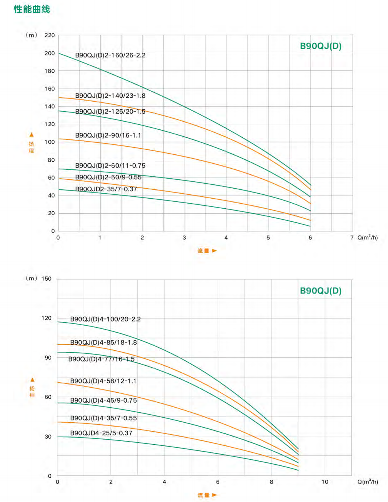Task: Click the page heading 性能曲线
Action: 32,9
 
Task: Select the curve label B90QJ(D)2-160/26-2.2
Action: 110,55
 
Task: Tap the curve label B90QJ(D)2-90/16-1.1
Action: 108,136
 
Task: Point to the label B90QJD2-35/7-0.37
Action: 106,189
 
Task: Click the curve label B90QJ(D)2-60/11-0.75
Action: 110,166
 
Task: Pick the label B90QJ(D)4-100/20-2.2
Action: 105,319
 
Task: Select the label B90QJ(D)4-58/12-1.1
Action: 103,381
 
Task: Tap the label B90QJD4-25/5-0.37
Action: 101,433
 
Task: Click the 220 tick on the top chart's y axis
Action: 50,35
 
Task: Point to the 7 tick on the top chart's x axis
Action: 352,238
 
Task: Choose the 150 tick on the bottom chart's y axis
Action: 47,279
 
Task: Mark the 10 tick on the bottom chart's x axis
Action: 325,482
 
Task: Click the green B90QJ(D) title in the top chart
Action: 320,46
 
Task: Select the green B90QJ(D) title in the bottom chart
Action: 320,291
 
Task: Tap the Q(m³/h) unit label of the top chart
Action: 368,238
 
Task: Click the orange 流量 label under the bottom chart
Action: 203,495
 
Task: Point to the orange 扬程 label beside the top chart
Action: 32,147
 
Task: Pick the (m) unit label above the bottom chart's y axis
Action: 32,278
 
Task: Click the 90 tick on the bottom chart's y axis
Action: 48,358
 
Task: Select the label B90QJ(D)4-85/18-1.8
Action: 103,343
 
